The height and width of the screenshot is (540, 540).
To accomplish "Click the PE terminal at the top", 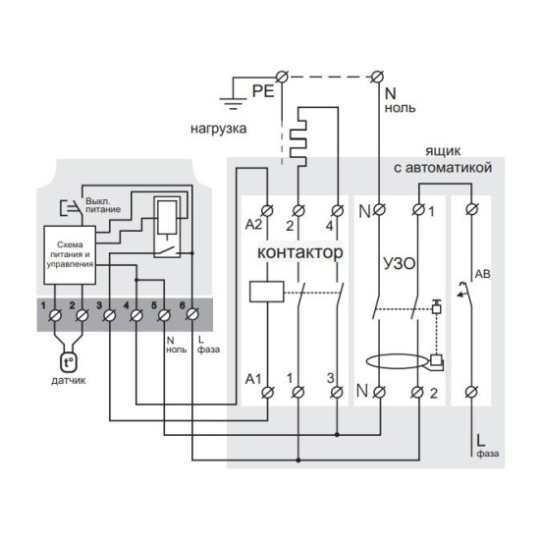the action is tap(282, 77).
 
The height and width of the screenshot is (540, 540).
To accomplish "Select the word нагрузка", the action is tap(218, 129).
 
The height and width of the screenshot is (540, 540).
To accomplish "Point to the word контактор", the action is tap(300, 252).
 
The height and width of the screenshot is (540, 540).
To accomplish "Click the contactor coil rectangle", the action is tap(266, 292).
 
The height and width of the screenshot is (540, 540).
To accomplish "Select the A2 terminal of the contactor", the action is tap(268, 210).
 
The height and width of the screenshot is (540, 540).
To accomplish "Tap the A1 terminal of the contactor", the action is tap(268, 392).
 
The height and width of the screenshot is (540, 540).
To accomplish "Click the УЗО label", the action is tap(400, 263).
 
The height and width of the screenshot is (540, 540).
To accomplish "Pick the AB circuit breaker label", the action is tap(482, 274).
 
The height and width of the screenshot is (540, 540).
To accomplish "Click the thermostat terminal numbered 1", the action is tap(55, 315).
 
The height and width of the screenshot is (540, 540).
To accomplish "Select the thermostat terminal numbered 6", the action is tap(192, 315).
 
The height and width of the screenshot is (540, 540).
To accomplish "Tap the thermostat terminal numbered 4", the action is tap(136, 315).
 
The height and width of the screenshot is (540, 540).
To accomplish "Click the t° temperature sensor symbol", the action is tap(68, 362).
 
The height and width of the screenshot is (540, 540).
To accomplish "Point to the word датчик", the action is tap(69, 381).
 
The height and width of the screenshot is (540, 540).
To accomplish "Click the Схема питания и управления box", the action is tap(70, 255).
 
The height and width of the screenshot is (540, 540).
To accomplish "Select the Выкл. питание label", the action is tap(103, 205).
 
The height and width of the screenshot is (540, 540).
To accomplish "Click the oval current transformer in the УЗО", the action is tap(396, 361).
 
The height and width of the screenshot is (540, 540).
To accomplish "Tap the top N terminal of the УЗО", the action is tap(379, 209).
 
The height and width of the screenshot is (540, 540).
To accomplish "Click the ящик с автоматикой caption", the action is tap(443, 160).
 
